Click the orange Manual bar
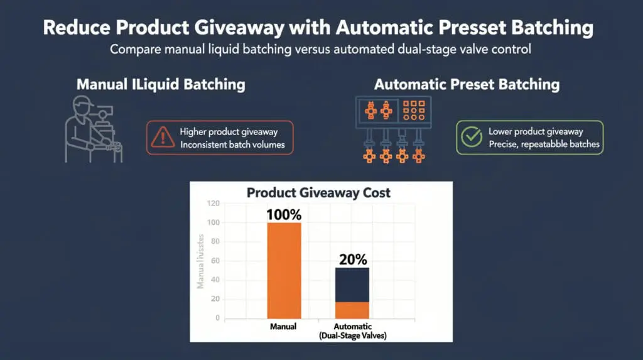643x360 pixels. click(284, 270)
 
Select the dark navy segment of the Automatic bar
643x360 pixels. click(352, 284)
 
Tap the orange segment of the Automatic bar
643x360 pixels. click(352, 310)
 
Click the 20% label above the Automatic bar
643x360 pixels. click(353, 259)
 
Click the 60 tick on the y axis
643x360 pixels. click(213, 261)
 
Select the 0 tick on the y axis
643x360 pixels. click(217, 318)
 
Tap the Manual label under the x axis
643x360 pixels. click(283, 327)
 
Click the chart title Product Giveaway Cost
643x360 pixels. click(318, 192)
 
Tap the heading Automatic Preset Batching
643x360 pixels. click(467, 84)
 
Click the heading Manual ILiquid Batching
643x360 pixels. click(161, 84)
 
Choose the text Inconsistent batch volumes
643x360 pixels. click(232, 145)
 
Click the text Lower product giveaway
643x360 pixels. click(536, 131)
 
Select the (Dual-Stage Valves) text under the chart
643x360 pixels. click(353, 335)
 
